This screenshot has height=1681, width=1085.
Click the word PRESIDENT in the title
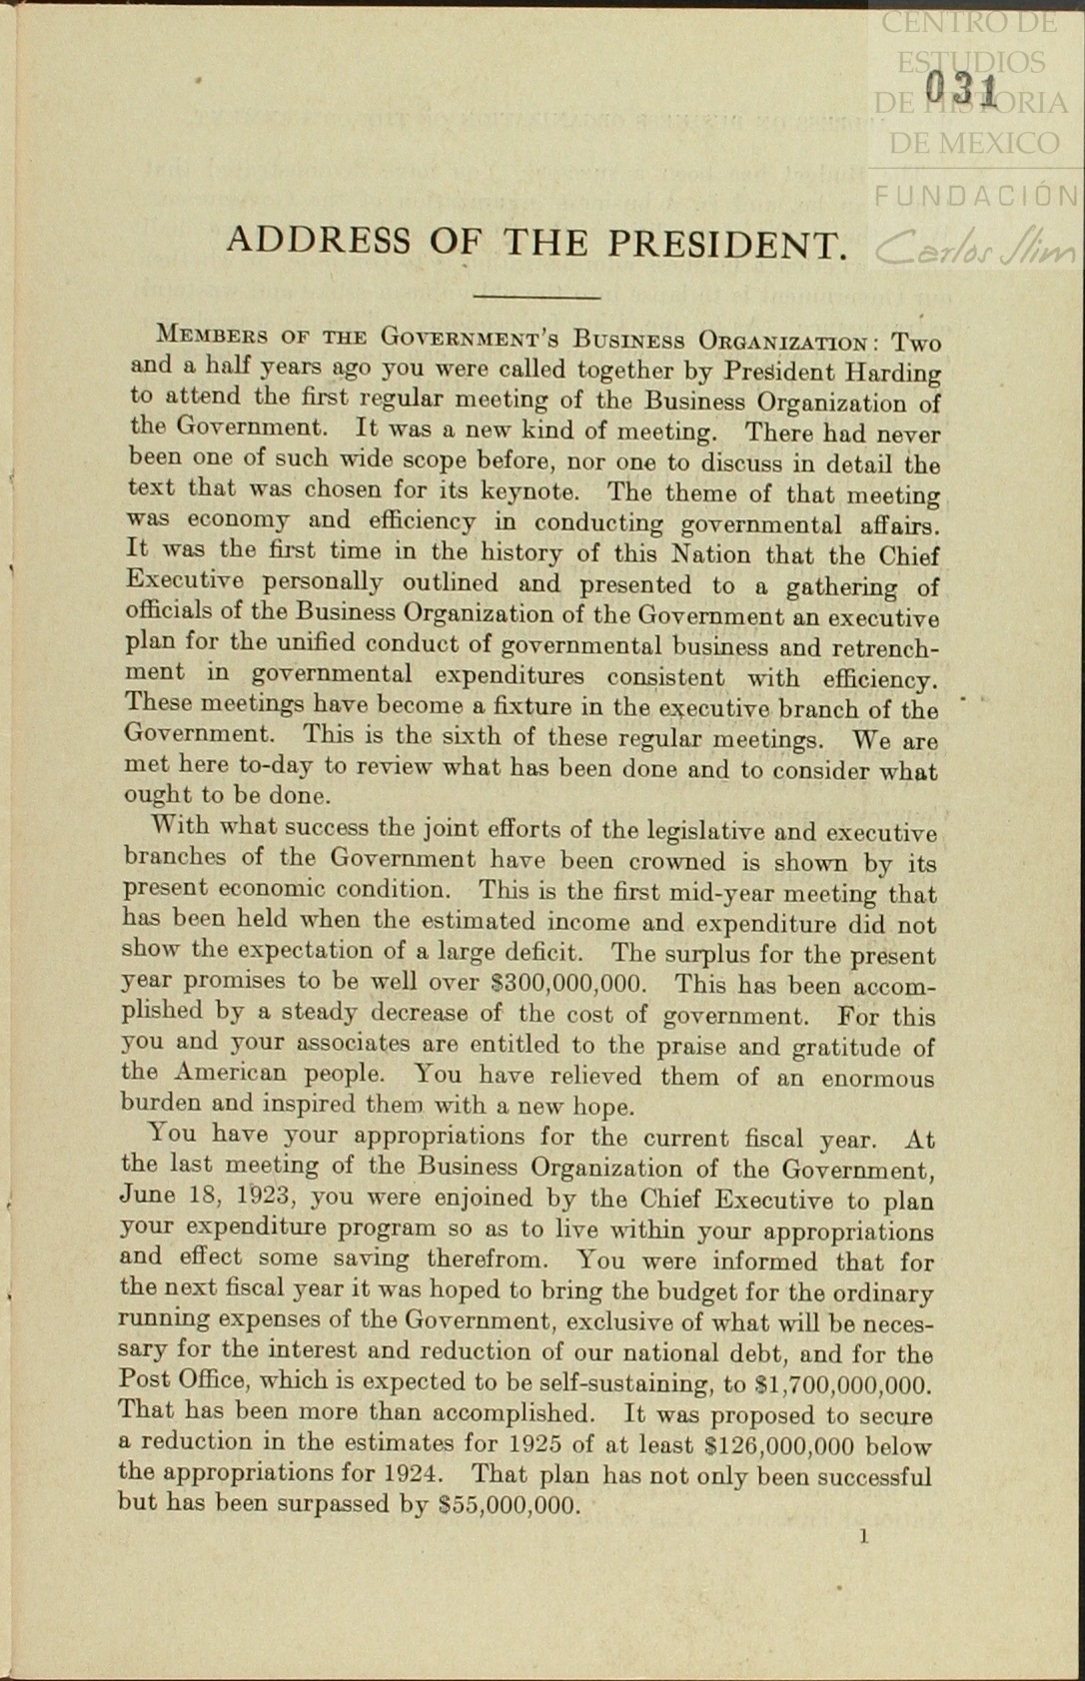coord(728,244)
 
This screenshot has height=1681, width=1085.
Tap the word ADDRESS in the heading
coord(318,241)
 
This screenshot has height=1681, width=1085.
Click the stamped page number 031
coord(961,91)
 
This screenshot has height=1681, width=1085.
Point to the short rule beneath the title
coord(536,297)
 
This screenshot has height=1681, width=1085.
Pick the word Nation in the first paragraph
coord(710,554)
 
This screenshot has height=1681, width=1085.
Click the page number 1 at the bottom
coord(863,1536)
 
